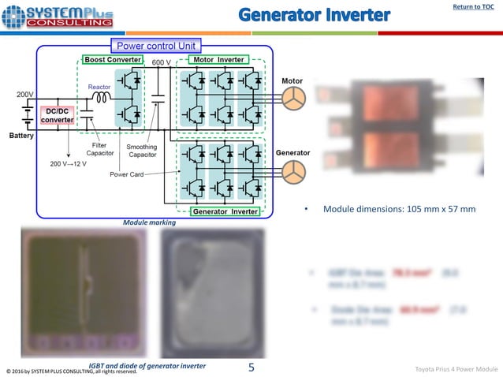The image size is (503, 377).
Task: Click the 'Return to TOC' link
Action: coord(473,8)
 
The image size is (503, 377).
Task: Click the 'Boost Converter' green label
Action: coord(113,60)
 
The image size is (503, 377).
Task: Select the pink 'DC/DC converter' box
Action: coord(57,115)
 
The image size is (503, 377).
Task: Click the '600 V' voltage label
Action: coord(162,62)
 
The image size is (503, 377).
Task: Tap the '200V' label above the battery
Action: coord(25,95)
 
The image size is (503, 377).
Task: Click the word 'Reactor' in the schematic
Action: coord(99,87)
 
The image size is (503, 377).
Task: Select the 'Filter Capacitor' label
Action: coord(100,149)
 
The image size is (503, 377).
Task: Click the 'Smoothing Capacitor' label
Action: coord(143,151)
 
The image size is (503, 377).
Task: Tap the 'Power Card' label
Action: coord(126,174)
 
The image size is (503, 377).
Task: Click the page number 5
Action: coord(251,367)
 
